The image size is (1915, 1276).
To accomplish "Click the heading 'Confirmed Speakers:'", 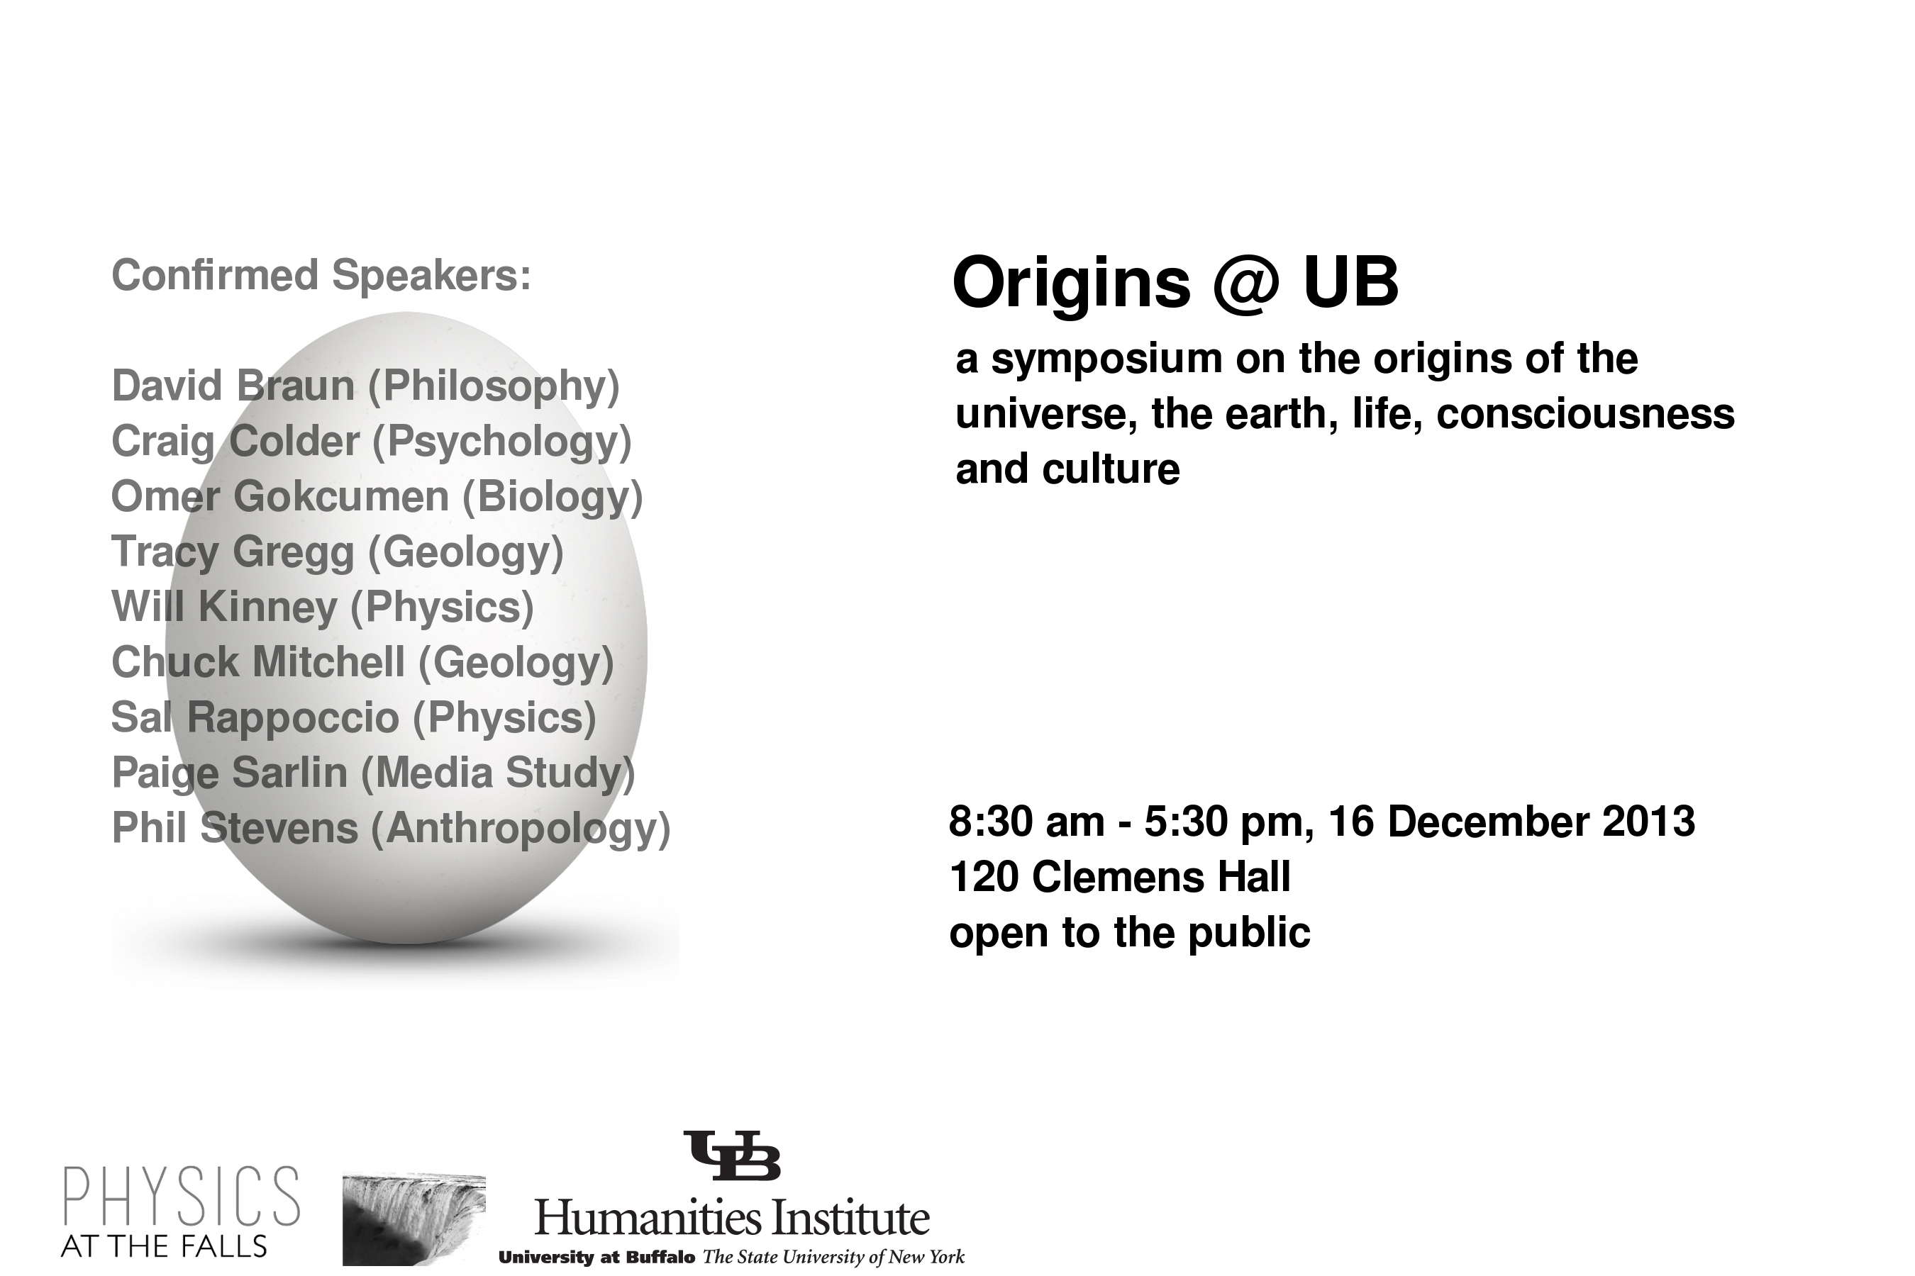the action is click(x=321, y=275).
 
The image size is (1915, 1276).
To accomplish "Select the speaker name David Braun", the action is click(x=233, y=385).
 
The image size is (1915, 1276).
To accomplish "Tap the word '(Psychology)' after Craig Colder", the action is click(x=501, y=442).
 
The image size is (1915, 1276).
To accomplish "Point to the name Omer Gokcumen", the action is click(x=279, y=496).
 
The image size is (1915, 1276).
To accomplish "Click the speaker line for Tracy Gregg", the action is click(x=337, y=552).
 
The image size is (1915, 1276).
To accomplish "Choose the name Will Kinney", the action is click(x=224, y=606).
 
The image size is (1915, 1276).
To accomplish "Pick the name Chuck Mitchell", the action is click(x=257, y=661).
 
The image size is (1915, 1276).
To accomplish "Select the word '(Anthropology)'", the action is click(x=521, y=829).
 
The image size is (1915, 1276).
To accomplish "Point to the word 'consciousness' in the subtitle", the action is click(x=1585, y=413).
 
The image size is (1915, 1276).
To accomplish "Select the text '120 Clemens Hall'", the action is click(x=1121, y=878).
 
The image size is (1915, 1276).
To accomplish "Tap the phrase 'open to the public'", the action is click(x=1130, y=934).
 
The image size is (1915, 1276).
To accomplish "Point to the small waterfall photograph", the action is click(x=413, y=1220).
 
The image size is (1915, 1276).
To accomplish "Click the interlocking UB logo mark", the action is click(x=732, y=1155).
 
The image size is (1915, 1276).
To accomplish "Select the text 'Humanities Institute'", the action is click(x=732, y=1218).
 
